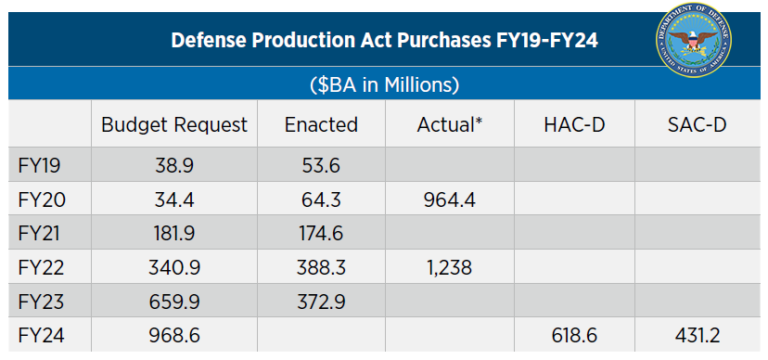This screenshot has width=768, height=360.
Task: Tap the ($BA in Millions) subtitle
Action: (x=385, y=83)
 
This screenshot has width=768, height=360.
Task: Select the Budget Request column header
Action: (x=174, y=125)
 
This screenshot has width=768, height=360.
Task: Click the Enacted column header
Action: (x=321, y=125)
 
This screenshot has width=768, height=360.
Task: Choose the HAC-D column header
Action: (x=574, y=125)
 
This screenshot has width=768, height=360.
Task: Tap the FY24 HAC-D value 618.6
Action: (x=574, y=337)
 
